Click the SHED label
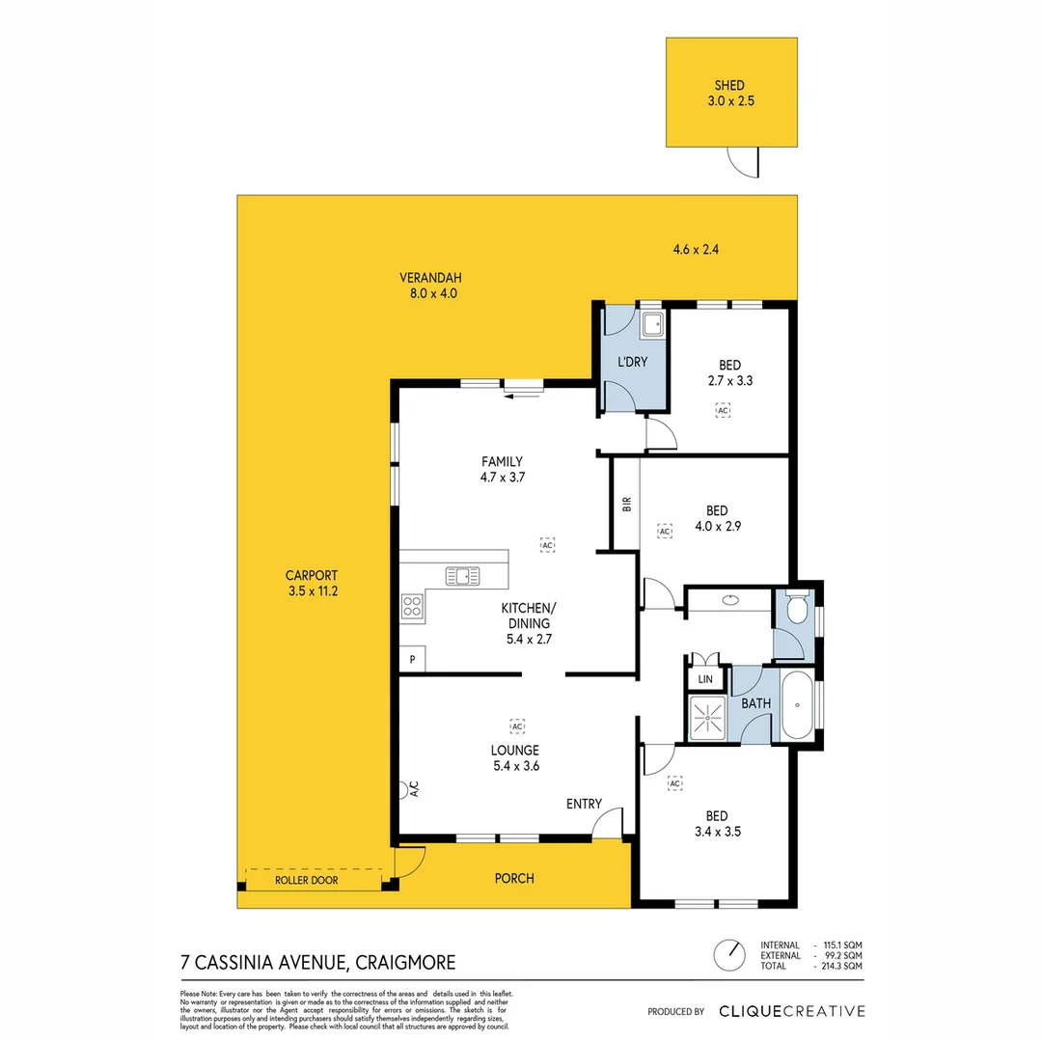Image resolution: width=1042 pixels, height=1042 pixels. click(x=730, y=86)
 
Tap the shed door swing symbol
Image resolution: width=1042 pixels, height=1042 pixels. click(x=744, y=163)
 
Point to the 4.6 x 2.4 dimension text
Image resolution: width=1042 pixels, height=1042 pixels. click(x=696, y=250)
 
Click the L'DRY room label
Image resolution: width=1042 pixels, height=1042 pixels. click(x=632, y=363)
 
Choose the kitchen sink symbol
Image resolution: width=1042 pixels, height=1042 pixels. click(x=462, y=576)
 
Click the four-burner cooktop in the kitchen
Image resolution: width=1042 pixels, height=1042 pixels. click(x=412, y=606)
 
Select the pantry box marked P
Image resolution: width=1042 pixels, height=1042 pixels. click(x=413, y=660)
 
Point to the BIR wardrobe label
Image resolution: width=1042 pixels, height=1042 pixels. click(x=626, y=504)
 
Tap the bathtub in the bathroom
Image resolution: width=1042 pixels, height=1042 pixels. click(x=797, y=706)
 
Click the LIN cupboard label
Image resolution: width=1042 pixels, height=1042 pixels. click(x=705, y=679)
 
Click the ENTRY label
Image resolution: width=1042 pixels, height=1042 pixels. click(x=584, y=804)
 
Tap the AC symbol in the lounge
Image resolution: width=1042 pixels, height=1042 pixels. click(x=517, y=725)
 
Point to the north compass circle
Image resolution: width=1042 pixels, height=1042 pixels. click(x=729, y=955)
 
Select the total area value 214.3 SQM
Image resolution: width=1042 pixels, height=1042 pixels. click(x=839, y=966)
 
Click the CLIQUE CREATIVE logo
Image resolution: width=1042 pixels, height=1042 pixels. click(x=791, y=1011)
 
